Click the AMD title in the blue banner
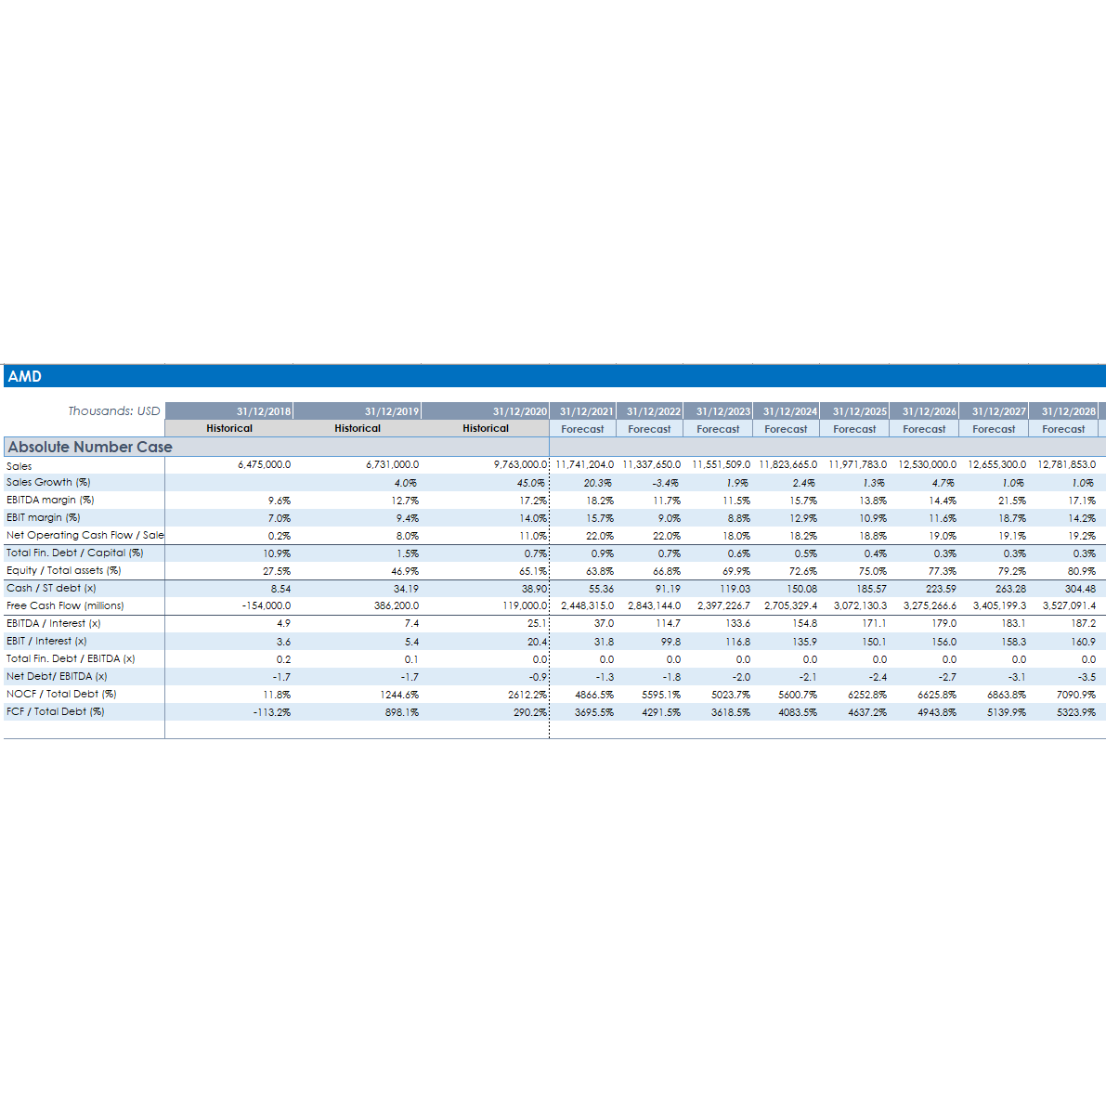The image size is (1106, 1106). click(25, 376)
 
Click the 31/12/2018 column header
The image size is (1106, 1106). click(264, 410)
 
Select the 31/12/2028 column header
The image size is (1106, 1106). click(1068, 410)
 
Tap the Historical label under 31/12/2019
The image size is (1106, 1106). click(358, 428)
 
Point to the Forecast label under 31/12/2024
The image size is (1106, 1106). click(786, 429)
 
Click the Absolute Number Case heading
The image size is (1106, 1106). click(90, 447)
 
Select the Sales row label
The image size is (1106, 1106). click(20, 465)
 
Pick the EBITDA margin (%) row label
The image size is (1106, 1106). click(50, 500)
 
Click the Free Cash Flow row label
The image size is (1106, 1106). click(65, 605)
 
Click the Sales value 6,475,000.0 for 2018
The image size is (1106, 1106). click(265, 464)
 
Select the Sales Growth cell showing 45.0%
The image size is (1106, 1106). click(531, 483)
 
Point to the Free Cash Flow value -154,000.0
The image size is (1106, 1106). click(267, 605)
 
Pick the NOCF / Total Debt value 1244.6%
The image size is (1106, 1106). click(399, 695)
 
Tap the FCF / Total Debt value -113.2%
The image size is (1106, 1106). click(272, 712)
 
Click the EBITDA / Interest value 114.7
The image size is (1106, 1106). click(668, 624)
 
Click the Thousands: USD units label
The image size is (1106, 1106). click(114, 410)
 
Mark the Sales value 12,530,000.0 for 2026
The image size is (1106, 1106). click(927, 464)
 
